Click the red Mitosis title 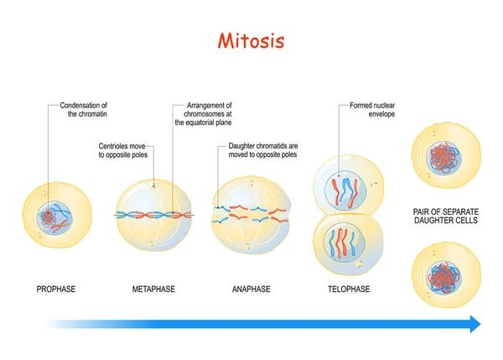(x=251, y=40)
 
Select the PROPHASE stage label (x=56, y=290)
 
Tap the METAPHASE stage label (x=153, y=290)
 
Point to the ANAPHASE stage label (x=251, y=290)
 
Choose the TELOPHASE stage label (x=348, y=290)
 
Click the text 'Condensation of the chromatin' (x=85, y=111)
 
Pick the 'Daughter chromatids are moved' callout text (x=262, y=149)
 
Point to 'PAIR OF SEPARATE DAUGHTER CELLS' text (x=445, y=216)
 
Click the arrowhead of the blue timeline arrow (x=474, y=324)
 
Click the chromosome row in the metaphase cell (x=154, y=214)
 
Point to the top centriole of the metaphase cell (x=154, y=185)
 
